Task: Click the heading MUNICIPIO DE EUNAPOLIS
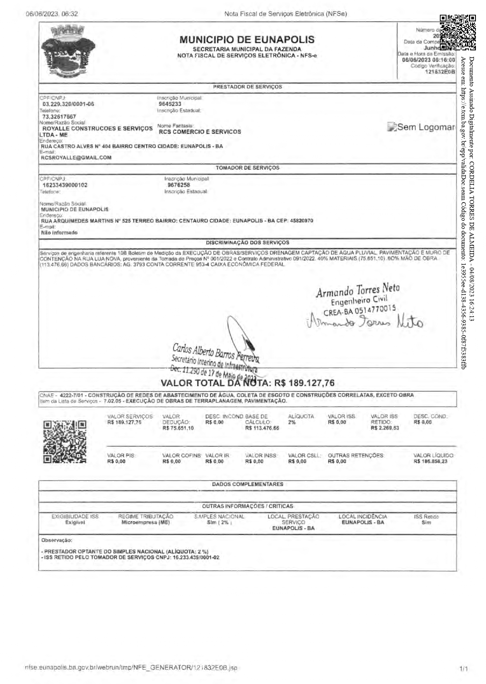247,40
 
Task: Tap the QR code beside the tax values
65,442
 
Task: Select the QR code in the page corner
457,32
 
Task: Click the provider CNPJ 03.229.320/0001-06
68,104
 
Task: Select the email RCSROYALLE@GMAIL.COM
76,158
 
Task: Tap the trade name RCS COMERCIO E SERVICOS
200,132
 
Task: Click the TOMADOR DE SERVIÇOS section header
247,168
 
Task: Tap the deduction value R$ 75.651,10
178,428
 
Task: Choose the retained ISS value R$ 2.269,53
385,428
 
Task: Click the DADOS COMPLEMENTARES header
247,484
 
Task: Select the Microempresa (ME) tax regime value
145,522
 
